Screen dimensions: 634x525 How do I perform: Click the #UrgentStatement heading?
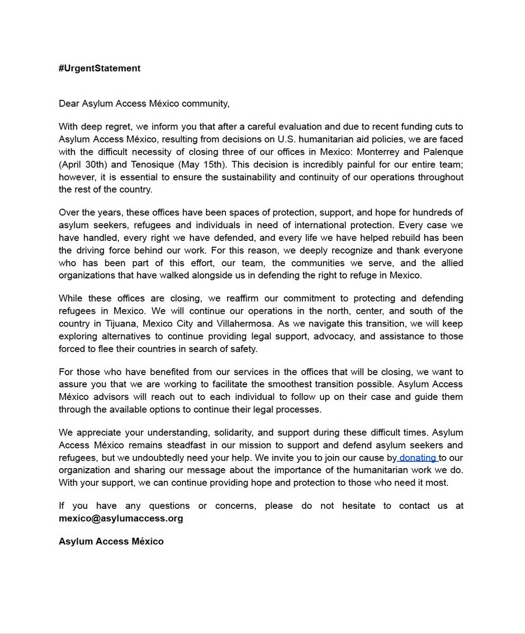(x=99, y=68)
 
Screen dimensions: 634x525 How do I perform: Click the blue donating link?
(x=418, y=458)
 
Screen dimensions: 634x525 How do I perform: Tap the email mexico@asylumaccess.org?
(x=121, y=518)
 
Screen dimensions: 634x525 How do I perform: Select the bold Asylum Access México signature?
(x=111, y=542)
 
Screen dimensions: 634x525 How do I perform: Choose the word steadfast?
(x=211, y=445)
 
